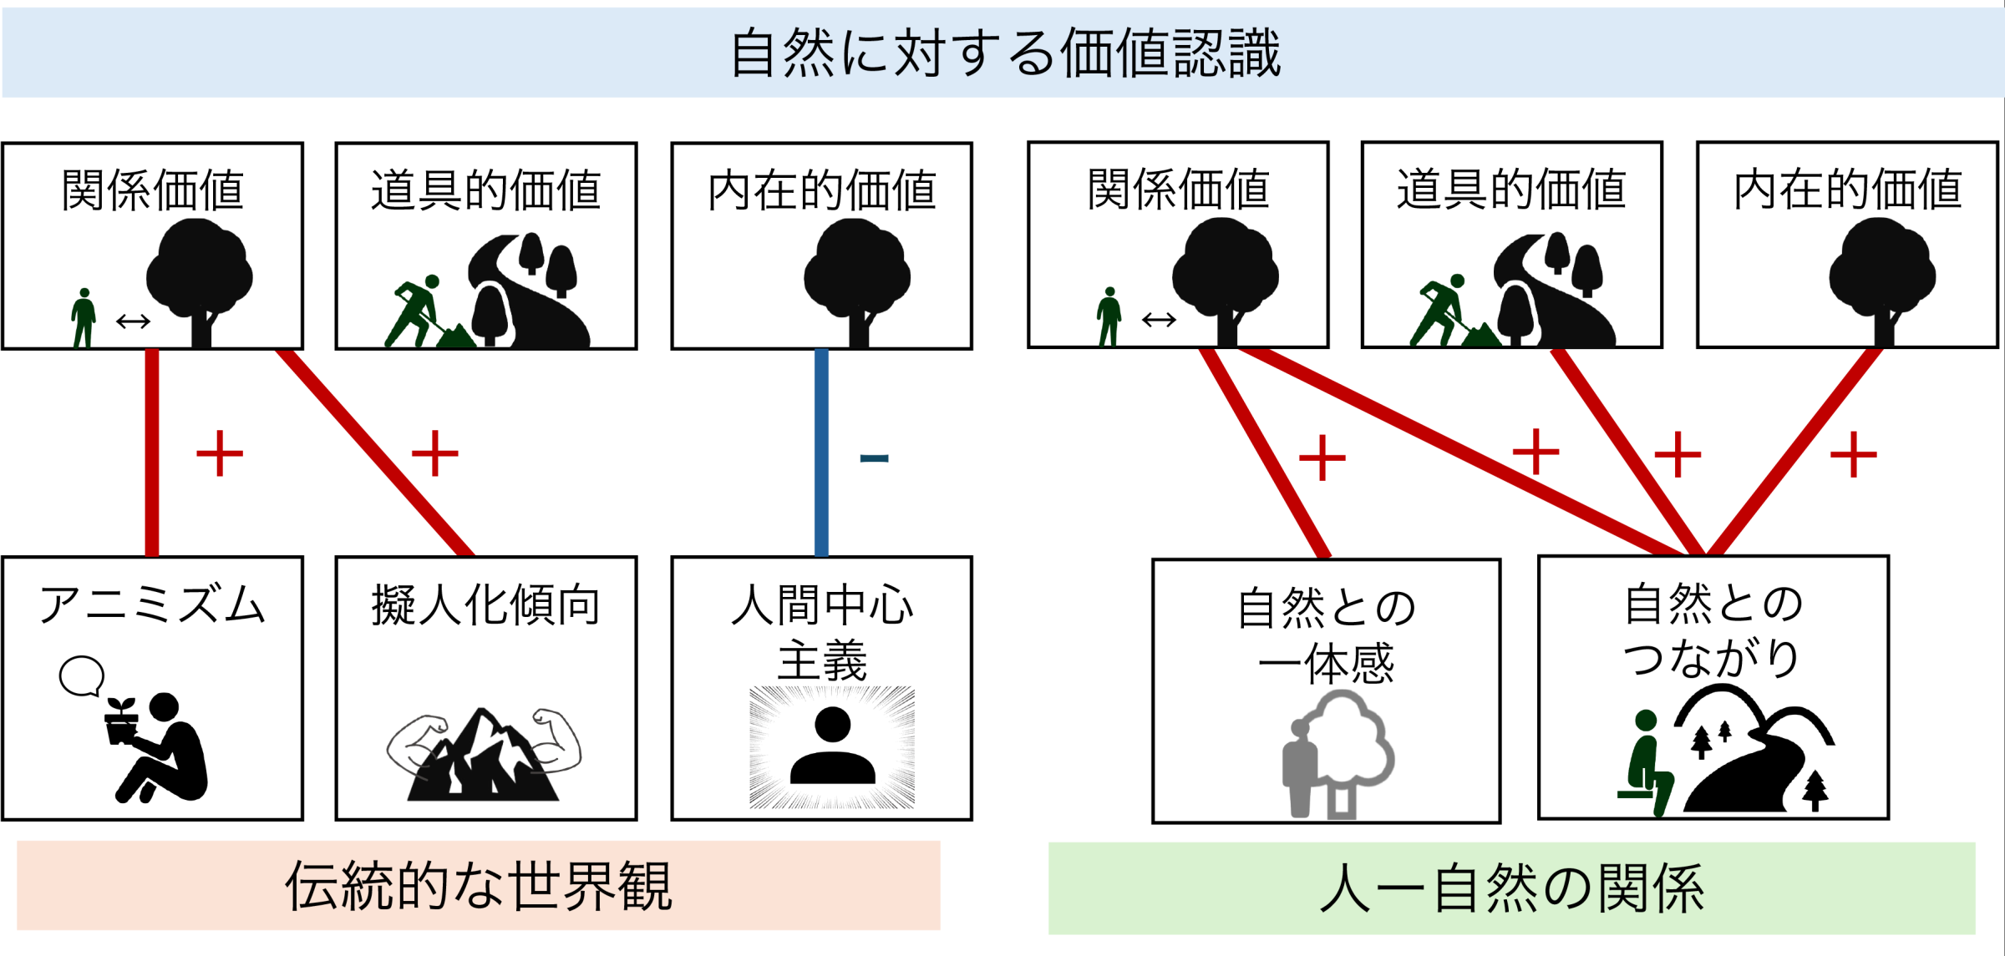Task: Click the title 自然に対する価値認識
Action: [1005, 53]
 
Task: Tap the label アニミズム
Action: [152, 604]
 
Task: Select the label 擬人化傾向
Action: [485, 604]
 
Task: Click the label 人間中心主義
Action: [822, 632]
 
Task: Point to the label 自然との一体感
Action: [1326, 635]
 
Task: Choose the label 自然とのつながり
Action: [1713, 630]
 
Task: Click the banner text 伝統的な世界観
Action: [479, 885]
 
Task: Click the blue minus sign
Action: [874, 458]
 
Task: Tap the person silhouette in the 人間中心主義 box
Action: [832, 746]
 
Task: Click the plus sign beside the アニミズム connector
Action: [219, 453]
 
